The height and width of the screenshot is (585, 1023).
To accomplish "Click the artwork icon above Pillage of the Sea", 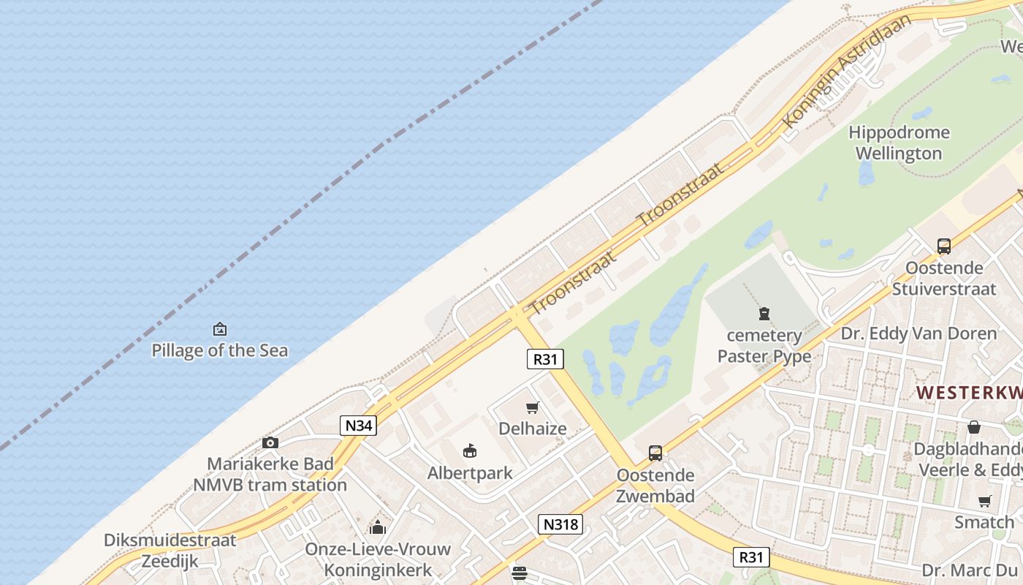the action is point(219,329).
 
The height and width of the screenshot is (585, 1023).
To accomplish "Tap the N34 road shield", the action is point(358,425).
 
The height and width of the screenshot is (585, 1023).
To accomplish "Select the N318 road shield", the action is point(560,524).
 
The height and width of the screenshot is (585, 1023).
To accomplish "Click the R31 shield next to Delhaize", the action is point(545,358).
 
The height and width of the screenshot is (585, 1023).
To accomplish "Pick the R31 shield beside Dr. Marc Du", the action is point(750,557).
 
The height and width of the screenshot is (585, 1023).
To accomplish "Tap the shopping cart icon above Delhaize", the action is point(533,407).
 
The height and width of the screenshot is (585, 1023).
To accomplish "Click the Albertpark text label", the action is point(470,473).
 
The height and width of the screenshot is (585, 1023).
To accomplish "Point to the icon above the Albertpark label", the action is point(470,451).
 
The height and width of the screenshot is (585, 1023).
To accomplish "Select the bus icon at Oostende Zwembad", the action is point(655,453).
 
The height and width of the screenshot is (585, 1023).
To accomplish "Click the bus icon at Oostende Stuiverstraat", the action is point(944,246).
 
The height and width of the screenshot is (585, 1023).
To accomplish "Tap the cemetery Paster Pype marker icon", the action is point(764,314).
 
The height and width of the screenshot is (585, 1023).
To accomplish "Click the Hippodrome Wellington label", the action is point(899,143).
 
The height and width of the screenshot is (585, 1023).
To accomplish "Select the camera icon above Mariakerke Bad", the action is point(270,442).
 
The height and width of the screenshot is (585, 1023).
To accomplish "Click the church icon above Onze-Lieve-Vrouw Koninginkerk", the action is point(378,526).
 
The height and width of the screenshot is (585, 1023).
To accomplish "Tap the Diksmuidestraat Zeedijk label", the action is point(170,551).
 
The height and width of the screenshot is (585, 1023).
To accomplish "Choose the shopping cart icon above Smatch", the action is point(984,501).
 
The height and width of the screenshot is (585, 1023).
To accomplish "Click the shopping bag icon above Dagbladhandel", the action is point(973,427).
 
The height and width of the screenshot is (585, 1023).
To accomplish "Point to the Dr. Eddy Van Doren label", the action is point(919,334).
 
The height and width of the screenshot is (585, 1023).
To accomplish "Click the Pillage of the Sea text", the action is point(219,350).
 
